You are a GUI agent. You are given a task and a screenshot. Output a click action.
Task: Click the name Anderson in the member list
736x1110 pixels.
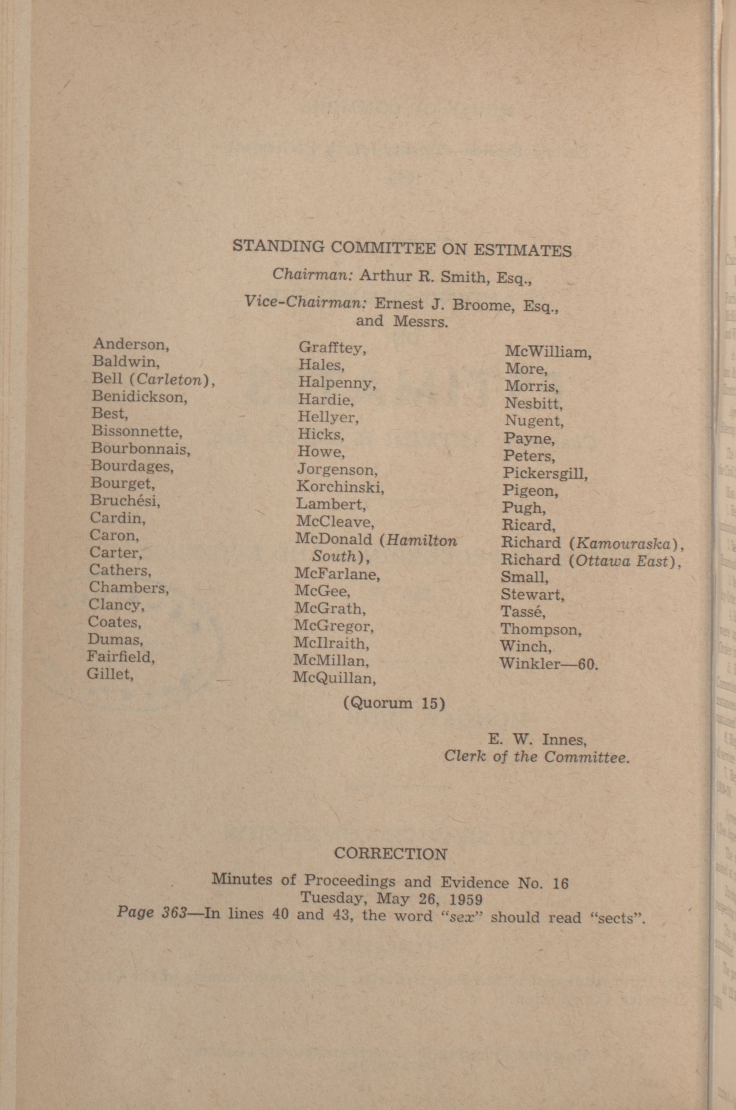[x=130, y=344]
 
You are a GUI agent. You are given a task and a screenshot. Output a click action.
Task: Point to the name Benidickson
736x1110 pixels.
[x=139, y=396]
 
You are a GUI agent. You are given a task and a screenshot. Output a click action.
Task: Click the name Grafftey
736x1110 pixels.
[x=332, y=348]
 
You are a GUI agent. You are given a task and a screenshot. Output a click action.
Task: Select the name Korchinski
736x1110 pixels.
[x=340, y=487]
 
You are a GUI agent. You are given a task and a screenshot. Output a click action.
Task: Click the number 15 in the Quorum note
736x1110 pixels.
[x=429, y=704]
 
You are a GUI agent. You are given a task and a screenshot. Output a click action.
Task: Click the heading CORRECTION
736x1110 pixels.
[x=391, y=853]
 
